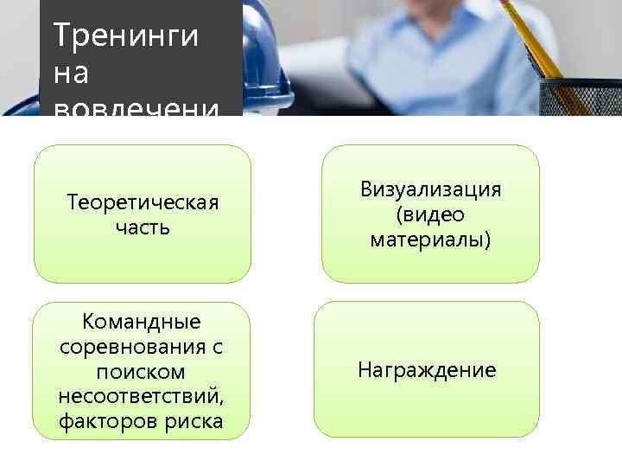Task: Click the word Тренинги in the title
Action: [x=126, y=36]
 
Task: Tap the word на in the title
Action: [x=71, y=74]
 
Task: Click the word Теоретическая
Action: [x=143, y=202]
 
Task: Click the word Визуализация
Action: [x=430, y=189]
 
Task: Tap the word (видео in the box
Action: [x=430, y=214]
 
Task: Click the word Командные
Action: [x=141, y=322]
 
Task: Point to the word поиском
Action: [x=141, y=371]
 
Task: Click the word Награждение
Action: [x=427, y=371]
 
